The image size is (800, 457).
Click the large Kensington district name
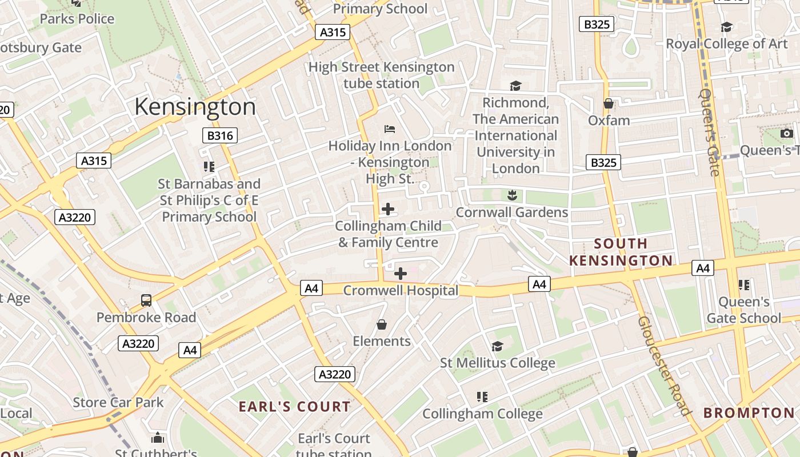click(195, 107)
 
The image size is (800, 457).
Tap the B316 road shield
click(220, 135)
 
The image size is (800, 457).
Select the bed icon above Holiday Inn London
click(390, 129)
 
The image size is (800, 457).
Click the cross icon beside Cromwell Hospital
click(401, 274)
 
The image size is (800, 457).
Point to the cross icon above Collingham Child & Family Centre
click(388, 209)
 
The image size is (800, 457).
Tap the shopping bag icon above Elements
click(382, 324)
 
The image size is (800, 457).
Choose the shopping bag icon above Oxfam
click(609, 103)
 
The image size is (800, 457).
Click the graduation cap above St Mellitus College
click(497, 346)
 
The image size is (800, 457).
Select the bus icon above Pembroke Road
click(146, 300)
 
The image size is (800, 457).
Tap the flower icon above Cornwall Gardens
click(511, 195)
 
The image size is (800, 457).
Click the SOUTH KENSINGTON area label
click(621, 252)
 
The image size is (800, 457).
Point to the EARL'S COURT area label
click(294, 407)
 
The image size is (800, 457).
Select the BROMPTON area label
click(749, 412)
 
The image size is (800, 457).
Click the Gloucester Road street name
click(663, 366)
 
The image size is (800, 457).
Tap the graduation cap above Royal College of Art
click(726, 27)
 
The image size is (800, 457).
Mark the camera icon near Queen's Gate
click(787, 133)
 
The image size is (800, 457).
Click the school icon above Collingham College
click(482, 396)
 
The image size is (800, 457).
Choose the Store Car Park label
click(118, 402)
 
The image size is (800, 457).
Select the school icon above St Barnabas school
click(209, 167)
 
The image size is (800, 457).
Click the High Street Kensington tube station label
click(381, 75)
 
